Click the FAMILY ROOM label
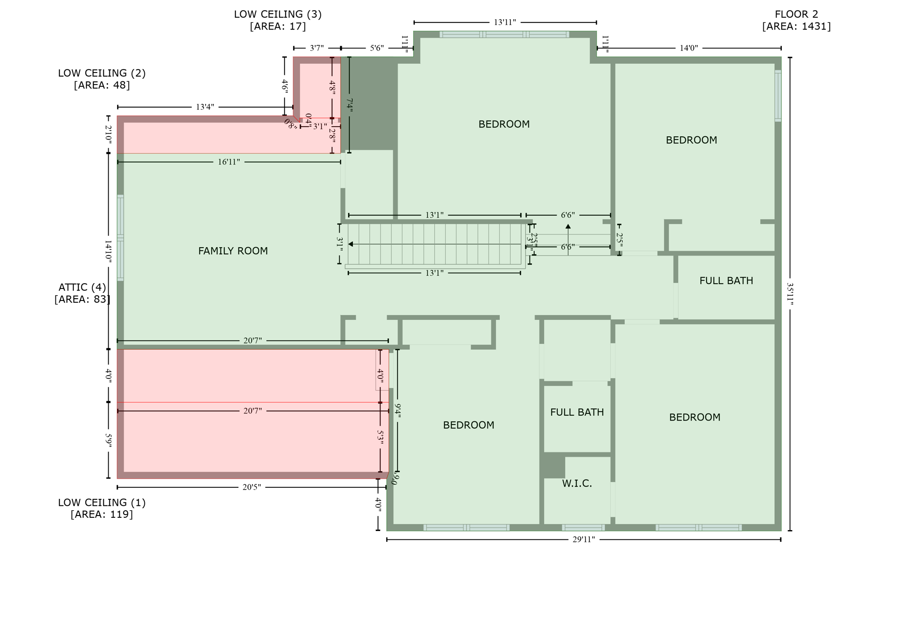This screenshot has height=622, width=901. tap(233, 251)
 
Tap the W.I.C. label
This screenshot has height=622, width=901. tap(577, 483)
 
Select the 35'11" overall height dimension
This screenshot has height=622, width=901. tap(790, 294)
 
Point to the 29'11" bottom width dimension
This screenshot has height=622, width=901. tap(583, 540)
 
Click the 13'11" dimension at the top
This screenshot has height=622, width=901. tap(505, 22)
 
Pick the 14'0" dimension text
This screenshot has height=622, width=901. tap(689, 48)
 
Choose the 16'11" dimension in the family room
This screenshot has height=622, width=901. tap(229, 162)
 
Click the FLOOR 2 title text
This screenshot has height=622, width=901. tap(796, 14)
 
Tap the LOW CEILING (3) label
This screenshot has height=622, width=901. tap(278, 14)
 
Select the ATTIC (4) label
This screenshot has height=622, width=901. tap(82, 287)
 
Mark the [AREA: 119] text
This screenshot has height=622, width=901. tap(102, 514)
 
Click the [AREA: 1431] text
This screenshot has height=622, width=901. tap(796, 26)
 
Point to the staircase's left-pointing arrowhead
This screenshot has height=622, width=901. tap(351, 244)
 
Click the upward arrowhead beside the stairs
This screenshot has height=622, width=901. tap(568, 227)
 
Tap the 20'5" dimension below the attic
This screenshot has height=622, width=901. tap(252, 487)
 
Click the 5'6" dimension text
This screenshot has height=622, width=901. tap(377, 48)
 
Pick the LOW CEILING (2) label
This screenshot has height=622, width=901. tap(102, 73)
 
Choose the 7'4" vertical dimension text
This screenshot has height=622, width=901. tap(349, 105)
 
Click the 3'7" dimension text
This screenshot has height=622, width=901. tap(317, 48)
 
